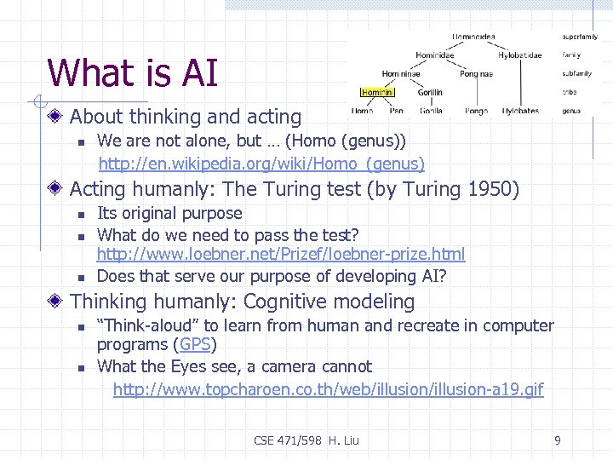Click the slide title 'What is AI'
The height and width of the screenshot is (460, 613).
pos(133,72)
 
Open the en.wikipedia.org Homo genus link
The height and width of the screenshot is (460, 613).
pos(261,163)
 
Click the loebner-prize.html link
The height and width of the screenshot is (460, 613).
pos(281,254)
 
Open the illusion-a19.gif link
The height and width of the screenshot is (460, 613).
pos(328,389)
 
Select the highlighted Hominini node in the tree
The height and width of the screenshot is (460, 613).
pos(375,92)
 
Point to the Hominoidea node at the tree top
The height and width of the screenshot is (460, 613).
pos(473,37)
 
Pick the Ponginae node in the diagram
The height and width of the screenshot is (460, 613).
pos(475,74)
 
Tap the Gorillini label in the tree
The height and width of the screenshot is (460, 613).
pos(430,92)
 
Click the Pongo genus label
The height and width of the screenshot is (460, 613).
pos(476,111)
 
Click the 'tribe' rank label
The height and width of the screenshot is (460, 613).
pos(569,92)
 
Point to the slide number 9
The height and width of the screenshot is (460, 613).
pos(557,440)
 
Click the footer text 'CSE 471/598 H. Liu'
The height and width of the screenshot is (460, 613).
pos(306,440)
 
